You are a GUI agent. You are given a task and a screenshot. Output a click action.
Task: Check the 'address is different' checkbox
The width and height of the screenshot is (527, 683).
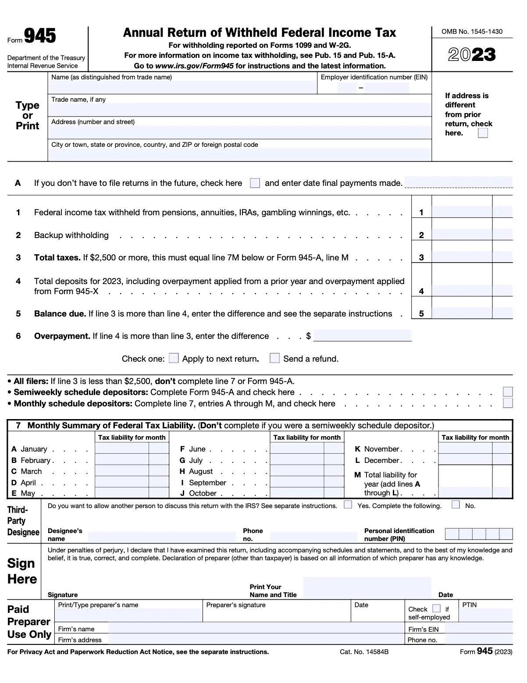[483, 133]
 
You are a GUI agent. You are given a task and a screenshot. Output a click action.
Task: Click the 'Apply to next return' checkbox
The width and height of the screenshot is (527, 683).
[174, 358]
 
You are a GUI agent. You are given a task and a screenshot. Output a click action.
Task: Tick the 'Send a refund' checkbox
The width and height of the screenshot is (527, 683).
[274, 358]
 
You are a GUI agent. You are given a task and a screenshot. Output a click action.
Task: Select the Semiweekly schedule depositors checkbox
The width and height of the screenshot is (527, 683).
[508, 392]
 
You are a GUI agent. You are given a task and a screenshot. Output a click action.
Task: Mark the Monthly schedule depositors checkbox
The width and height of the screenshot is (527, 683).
[508, 403]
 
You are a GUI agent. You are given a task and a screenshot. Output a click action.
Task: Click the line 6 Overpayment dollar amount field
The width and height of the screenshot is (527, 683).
[362, 336]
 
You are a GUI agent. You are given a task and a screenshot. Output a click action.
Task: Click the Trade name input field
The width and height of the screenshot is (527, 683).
[239, 109]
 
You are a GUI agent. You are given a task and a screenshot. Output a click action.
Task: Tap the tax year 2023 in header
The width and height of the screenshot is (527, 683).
[472, 55]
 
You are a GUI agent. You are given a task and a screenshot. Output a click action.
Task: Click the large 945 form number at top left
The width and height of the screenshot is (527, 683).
[40, 36]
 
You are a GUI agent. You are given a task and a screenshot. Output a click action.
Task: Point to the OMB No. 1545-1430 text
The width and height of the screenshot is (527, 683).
[472, 32]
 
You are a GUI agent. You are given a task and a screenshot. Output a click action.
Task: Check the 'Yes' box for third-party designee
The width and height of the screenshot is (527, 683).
[348, 505]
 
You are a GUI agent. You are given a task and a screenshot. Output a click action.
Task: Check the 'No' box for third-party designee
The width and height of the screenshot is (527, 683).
[456, 505]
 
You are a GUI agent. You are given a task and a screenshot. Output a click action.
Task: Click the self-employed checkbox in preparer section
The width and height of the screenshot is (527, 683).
[436, 608]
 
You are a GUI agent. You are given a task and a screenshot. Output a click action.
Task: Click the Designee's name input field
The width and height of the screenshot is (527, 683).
[162, 537]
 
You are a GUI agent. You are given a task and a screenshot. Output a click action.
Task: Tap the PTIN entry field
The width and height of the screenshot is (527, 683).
[485, 615]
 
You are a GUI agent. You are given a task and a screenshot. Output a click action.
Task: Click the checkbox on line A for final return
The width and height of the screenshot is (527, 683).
[255, 183]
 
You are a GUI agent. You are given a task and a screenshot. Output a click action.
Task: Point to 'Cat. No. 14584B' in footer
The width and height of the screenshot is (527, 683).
[364, 652]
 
